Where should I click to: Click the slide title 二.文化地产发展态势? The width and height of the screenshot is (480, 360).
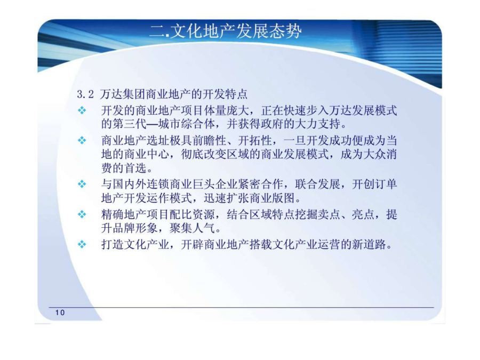[x=226, y=31]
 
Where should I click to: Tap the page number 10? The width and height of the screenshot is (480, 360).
[x=60, y=313]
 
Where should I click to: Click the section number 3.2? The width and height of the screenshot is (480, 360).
[x=85, y=94]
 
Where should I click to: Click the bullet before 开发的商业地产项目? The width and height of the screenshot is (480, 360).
[x=82, y=110]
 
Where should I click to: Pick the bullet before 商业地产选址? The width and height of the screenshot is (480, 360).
[x=82, y=140]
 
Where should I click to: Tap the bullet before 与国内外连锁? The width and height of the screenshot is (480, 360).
[x=82, y=184]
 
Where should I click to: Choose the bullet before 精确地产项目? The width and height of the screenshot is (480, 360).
[x=82, y=214]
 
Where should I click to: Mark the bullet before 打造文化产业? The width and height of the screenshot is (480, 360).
[x=82, y=244]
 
